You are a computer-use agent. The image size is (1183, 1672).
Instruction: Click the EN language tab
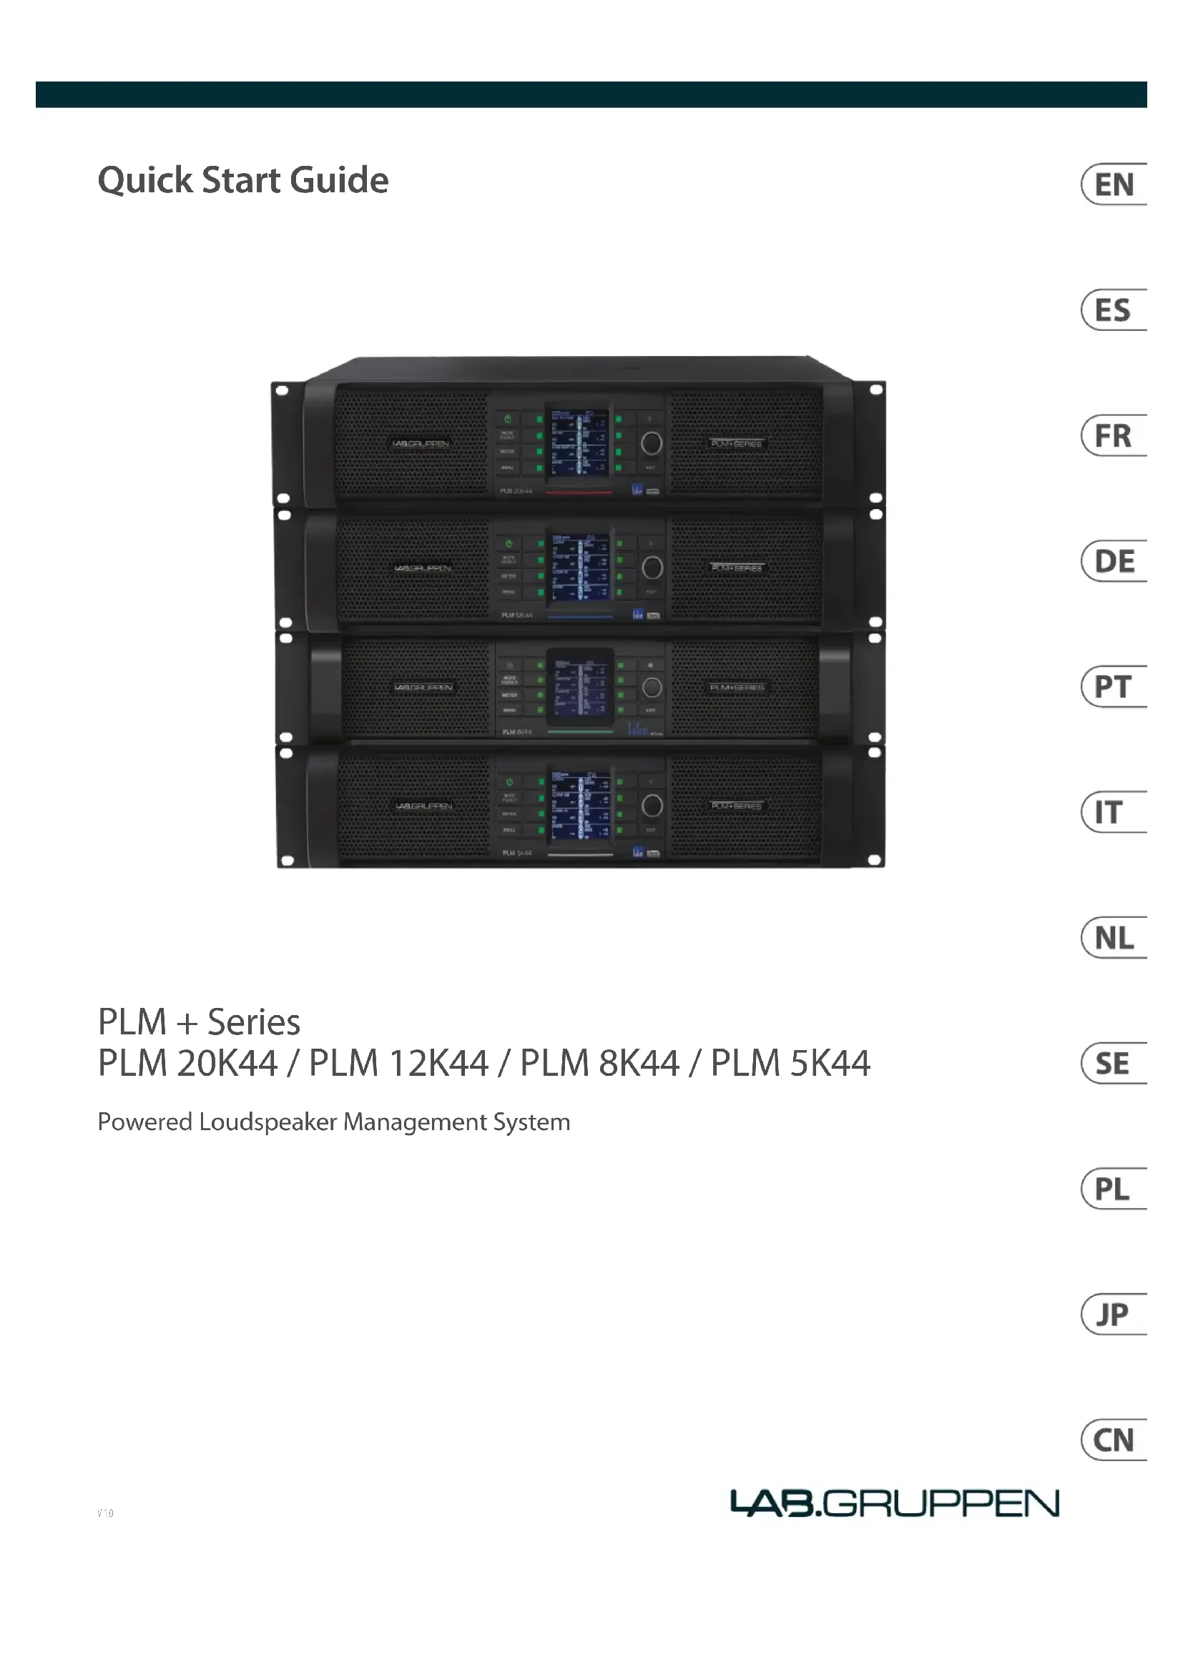[x=1114, y=184]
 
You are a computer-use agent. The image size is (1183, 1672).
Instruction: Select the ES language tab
[x=1114, y=310]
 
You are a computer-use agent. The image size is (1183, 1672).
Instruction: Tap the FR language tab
[x=1114, y=435]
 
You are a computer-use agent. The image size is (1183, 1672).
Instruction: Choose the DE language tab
[x=1114, y=561]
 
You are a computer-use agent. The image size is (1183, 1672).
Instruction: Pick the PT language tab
[x=1114, y=687]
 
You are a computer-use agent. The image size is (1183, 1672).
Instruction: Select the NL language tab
[x=1114, y=938]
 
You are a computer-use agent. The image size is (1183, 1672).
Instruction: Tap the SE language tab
[x=1114, y=1064]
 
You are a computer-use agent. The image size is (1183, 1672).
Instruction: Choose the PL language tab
[x=1114, y=1189]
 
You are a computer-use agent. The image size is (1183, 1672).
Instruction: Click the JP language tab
[x=1114, y=1315]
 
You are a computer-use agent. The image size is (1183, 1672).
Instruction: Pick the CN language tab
[x=1114, y=1440]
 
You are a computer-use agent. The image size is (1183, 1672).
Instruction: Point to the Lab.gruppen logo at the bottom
[x=895, y=1503]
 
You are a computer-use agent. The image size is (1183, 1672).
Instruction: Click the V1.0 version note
[x=106, y=1513]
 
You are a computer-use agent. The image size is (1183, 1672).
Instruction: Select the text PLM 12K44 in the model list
[x=398, y=1063]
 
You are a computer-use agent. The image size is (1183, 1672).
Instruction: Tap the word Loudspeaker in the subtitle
[x=268, y=1122]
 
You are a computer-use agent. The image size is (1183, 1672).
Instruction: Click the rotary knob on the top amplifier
[x=652, y=442]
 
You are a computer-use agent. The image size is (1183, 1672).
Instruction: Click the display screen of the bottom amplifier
[x=580, y=806]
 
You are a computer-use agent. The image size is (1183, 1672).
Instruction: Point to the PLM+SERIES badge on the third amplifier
[x=737, y=688]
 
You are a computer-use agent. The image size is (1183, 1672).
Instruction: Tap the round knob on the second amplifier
[x=652, y=568]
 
